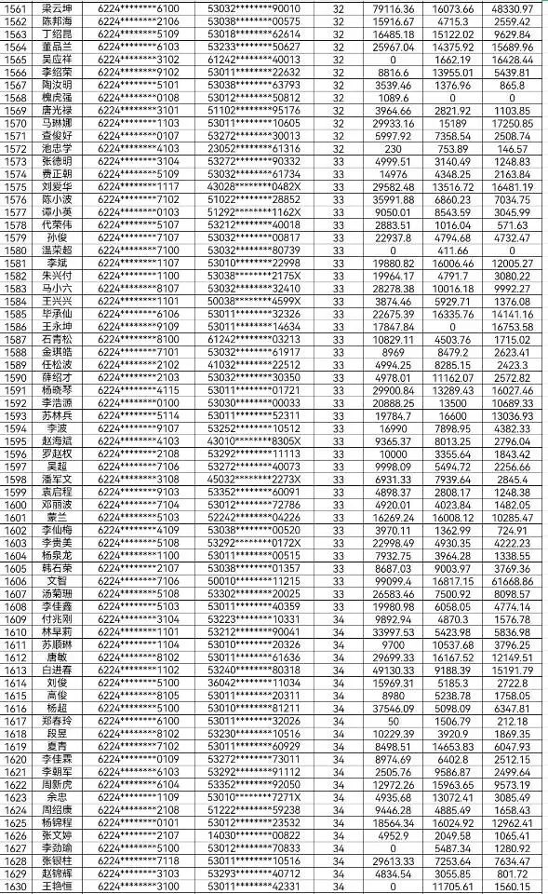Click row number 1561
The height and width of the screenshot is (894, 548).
coord(18,8)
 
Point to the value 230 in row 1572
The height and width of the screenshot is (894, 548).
coord(393,149)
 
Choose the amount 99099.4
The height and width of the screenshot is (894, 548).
coord(394,580)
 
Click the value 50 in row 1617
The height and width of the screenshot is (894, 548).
coord(393,721)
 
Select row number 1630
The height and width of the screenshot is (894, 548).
coord(18,887)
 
